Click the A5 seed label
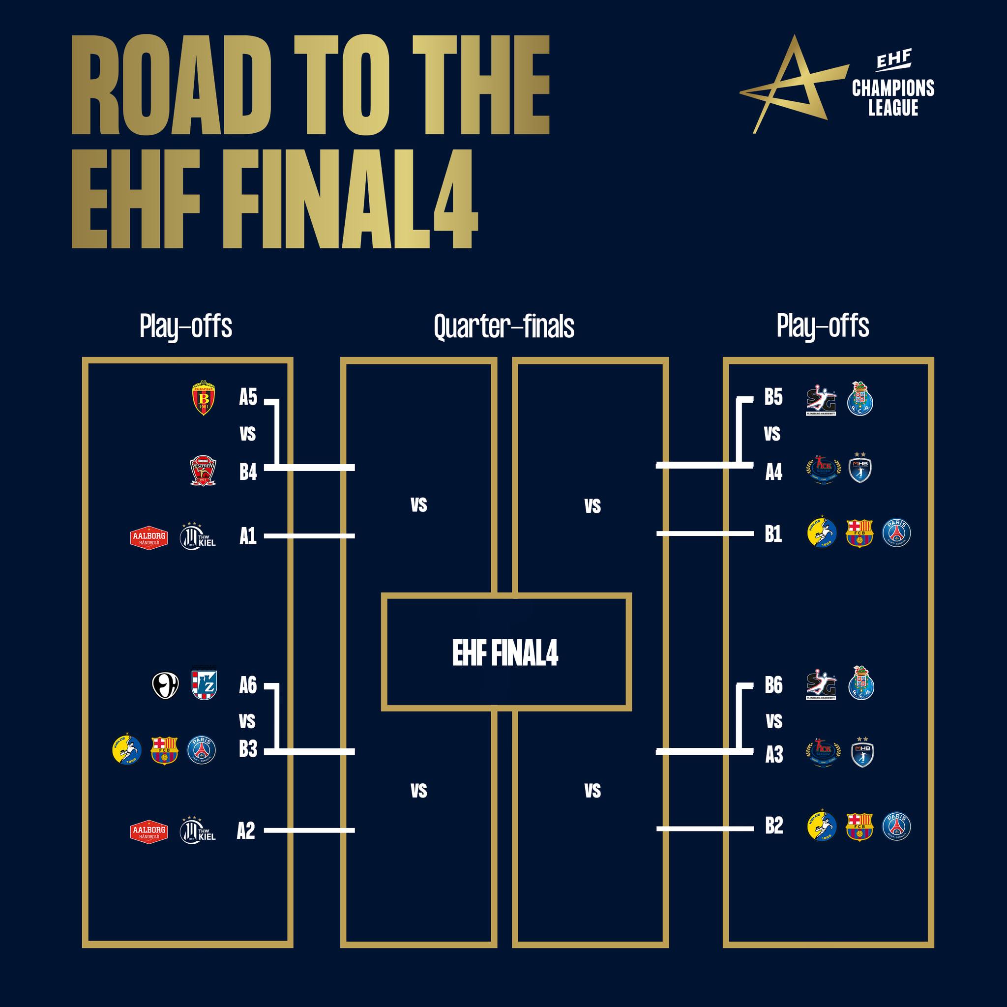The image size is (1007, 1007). click(248, 397)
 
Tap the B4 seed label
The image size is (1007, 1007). click(248, 472)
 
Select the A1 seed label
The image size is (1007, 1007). click(248, 536)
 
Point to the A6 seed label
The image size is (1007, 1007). click(248, 685)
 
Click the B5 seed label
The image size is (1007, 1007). click(773, 397)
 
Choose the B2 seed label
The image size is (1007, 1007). click(774, 826)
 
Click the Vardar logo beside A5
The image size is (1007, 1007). click(203, 398)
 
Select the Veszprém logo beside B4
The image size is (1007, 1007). click(203, 471)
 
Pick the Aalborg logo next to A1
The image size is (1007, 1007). click(149, 537)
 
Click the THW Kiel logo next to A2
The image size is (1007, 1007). click(198, 831)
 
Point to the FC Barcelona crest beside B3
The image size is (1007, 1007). click(164, 750)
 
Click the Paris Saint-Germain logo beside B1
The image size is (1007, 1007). click(896, 533)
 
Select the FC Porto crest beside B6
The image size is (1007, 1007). click(861, 683)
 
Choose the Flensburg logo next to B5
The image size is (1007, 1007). click(821, 400)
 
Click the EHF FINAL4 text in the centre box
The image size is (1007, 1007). click(505, 652)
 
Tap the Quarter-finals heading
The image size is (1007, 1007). click(504, 327)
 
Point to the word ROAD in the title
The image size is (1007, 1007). click(172, 86)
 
